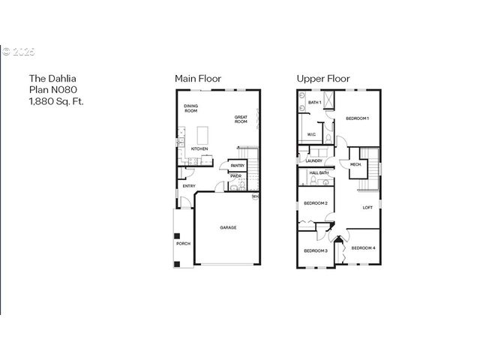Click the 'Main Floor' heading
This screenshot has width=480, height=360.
(x=197, y=79)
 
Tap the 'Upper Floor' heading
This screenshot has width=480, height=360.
(x=322, y=79)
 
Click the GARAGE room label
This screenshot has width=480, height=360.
(x=228, y=227)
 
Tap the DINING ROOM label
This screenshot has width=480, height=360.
(x=190, y=108)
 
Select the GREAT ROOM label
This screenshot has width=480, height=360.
(x=241, y=118)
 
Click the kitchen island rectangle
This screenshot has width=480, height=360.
(x=202, y=135)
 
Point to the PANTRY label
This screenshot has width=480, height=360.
(x=237, y=166)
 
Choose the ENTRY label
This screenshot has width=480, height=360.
(x=189, y=186)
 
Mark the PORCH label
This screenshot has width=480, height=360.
(x=183, y=243)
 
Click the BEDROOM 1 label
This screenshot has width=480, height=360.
(x=357, y=118)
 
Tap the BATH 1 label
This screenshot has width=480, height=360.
(x=314, y=102)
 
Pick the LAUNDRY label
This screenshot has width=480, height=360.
(x=314, y=160)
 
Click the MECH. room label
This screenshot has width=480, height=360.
(x=355, y=164)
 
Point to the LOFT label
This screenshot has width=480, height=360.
(x=367, y=208)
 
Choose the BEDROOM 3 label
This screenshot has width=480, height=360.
(x=316, y=250)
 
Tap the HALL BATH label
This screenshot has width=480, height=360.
(x=319, y=173)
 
